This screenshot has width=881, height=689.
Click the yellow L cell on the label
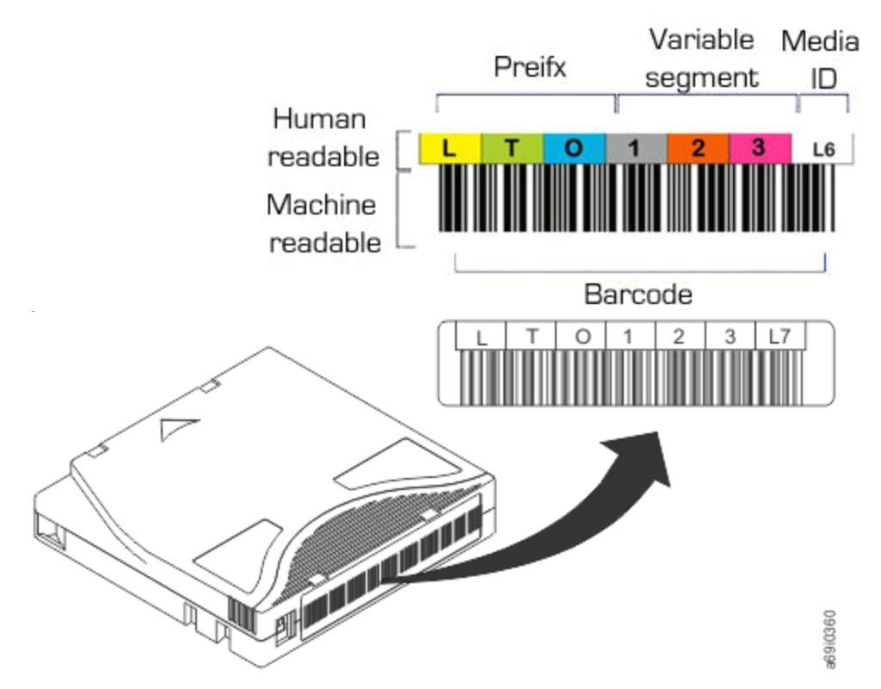449,148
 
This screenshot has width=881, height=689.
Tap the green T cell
512,148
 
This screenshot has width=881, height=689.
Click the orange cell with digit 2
698,148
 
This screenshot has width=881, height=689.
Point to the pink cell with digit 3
759,148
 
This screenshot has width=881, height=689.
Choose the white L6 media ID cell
823,149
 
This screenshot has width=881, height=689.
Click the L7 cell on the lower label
779,337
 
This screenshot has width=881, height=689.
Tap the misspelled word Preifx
530,67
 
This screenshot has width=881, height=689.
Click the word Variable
701,40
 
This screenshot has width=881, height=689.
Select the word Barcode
638,295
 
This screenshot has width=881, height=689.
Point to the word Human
319,120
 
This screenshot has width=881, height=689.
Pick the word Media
819,40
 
